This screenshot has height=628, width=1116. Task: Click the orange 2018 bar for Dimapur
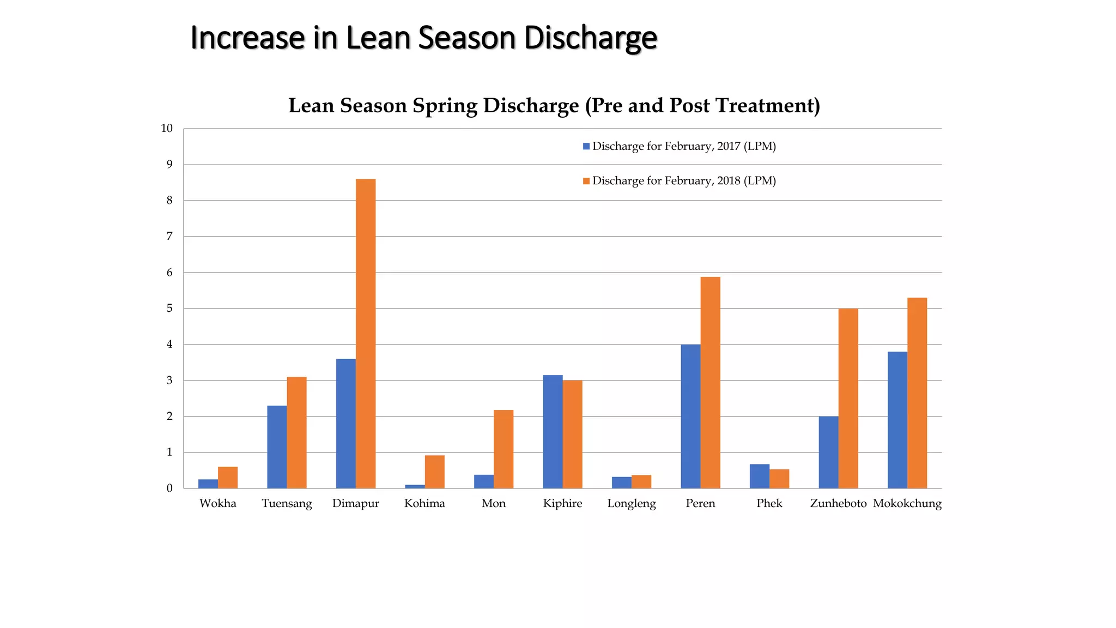pos(366,334)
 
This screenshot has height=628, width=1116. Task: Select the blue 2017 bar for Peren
pos(690,416)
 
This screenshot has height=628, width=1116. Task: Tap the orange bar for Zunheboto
pos(848,398)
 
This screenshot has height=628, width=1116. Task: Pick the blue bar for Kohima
pos(415,486)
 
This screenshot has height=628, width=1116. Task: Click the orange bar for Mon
pos(504,449)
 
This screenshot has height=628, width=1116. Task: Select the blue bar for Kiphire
pos(553,431)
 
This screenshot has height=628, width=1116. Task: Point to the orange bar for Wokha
pos(228,478)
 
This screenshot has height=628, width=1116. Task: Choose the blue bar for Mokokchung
pos(897,420)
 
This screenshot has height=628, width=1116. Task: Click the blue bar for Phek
pos(759,476)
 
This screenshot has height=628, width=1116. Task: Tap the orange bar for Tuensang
pos(296,432)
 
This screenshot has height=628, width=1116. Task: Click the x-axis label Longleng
pos(632,503)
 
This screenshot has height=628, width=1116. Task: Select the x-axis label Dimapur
pos(355,503)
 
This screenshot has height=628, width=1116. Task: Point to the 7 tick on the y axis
pos(169,236)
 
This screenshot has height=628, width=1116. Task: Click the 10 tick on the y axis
pos(167,129)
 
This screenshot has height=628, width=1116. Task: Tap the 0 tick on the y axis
pos(169,488)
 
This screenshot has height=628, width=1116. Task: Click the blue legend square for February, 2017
pos(586,146)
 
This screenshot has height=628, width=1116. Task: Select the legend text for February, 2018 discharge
pos(684,180)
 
